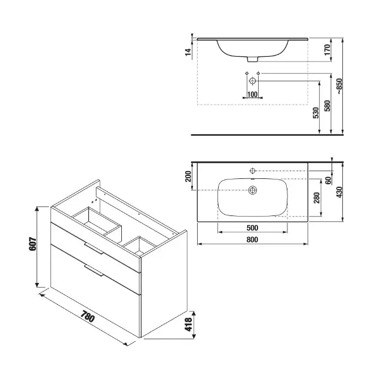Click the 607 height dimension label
click(33, 244)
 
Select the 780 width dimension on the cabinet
click(87, 317)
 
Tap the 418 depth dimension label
click(188, 324)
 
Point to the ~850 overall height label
click(339, 86)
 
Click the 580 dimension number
click(327, 105)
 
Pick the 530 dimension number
click(315, 113)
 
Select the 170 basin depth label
click(327, 50)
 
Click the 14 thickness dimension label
click(188, 52)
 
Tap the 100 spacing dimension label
click(252, 95)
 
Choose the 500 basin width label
click(252, 228)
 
